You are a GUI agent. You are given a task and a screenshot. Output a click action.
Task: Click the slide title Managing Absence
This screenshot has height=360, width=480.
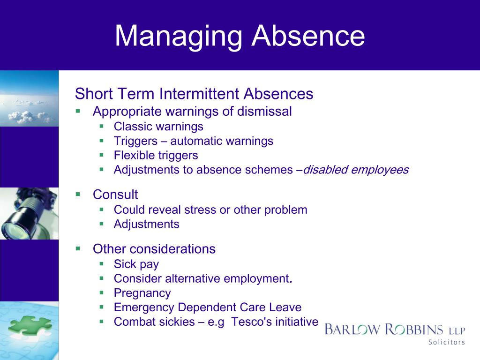pyautogui.click(x=240, y=37)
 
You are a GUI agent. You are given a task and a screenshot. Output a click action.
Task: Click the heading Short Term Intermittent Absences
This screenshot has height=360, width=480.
pyautogui.click(x=194, y=94)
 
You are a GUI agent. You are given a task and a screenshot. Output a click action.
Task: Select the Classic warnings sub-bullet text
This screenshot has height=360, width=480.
pyautogui.click(x=158, y=127)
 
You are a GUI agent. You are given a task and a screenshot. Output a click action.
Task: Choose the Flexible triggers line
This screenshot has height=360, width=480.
pyautogui.click(x=156, y=155)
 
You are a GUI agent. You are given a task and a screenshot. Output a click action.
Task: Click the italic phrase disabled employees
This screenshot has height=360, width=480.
pyautogui.click(x=356, y=170)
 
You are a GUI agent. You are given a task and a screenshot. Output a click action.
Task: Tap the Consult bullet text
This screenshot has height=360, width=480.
pyautogui.click(x=115, y=194)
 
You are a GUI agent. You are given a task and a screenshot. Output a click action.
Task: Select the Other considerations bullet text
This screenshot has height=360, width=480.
pyautogui.click(x=154, y=249)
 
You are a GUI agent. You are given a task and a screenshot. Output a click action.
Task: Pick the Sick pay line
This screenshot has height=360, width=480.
pyautogui.click(x=136, y=264)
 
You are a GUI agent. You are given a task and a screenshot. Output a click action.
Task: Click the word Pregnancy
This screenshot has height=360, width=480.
pyautogui.click(x=142, y=293)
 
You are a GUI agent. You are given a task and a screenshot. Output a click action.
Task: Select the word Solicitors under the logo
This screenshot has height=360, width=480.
pyautogui.click(x=446, y=342)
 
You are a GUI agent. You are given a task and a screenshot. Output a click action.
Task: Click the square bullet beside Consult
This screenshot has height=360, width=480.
pyautogui.click(x=78, y=194)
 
